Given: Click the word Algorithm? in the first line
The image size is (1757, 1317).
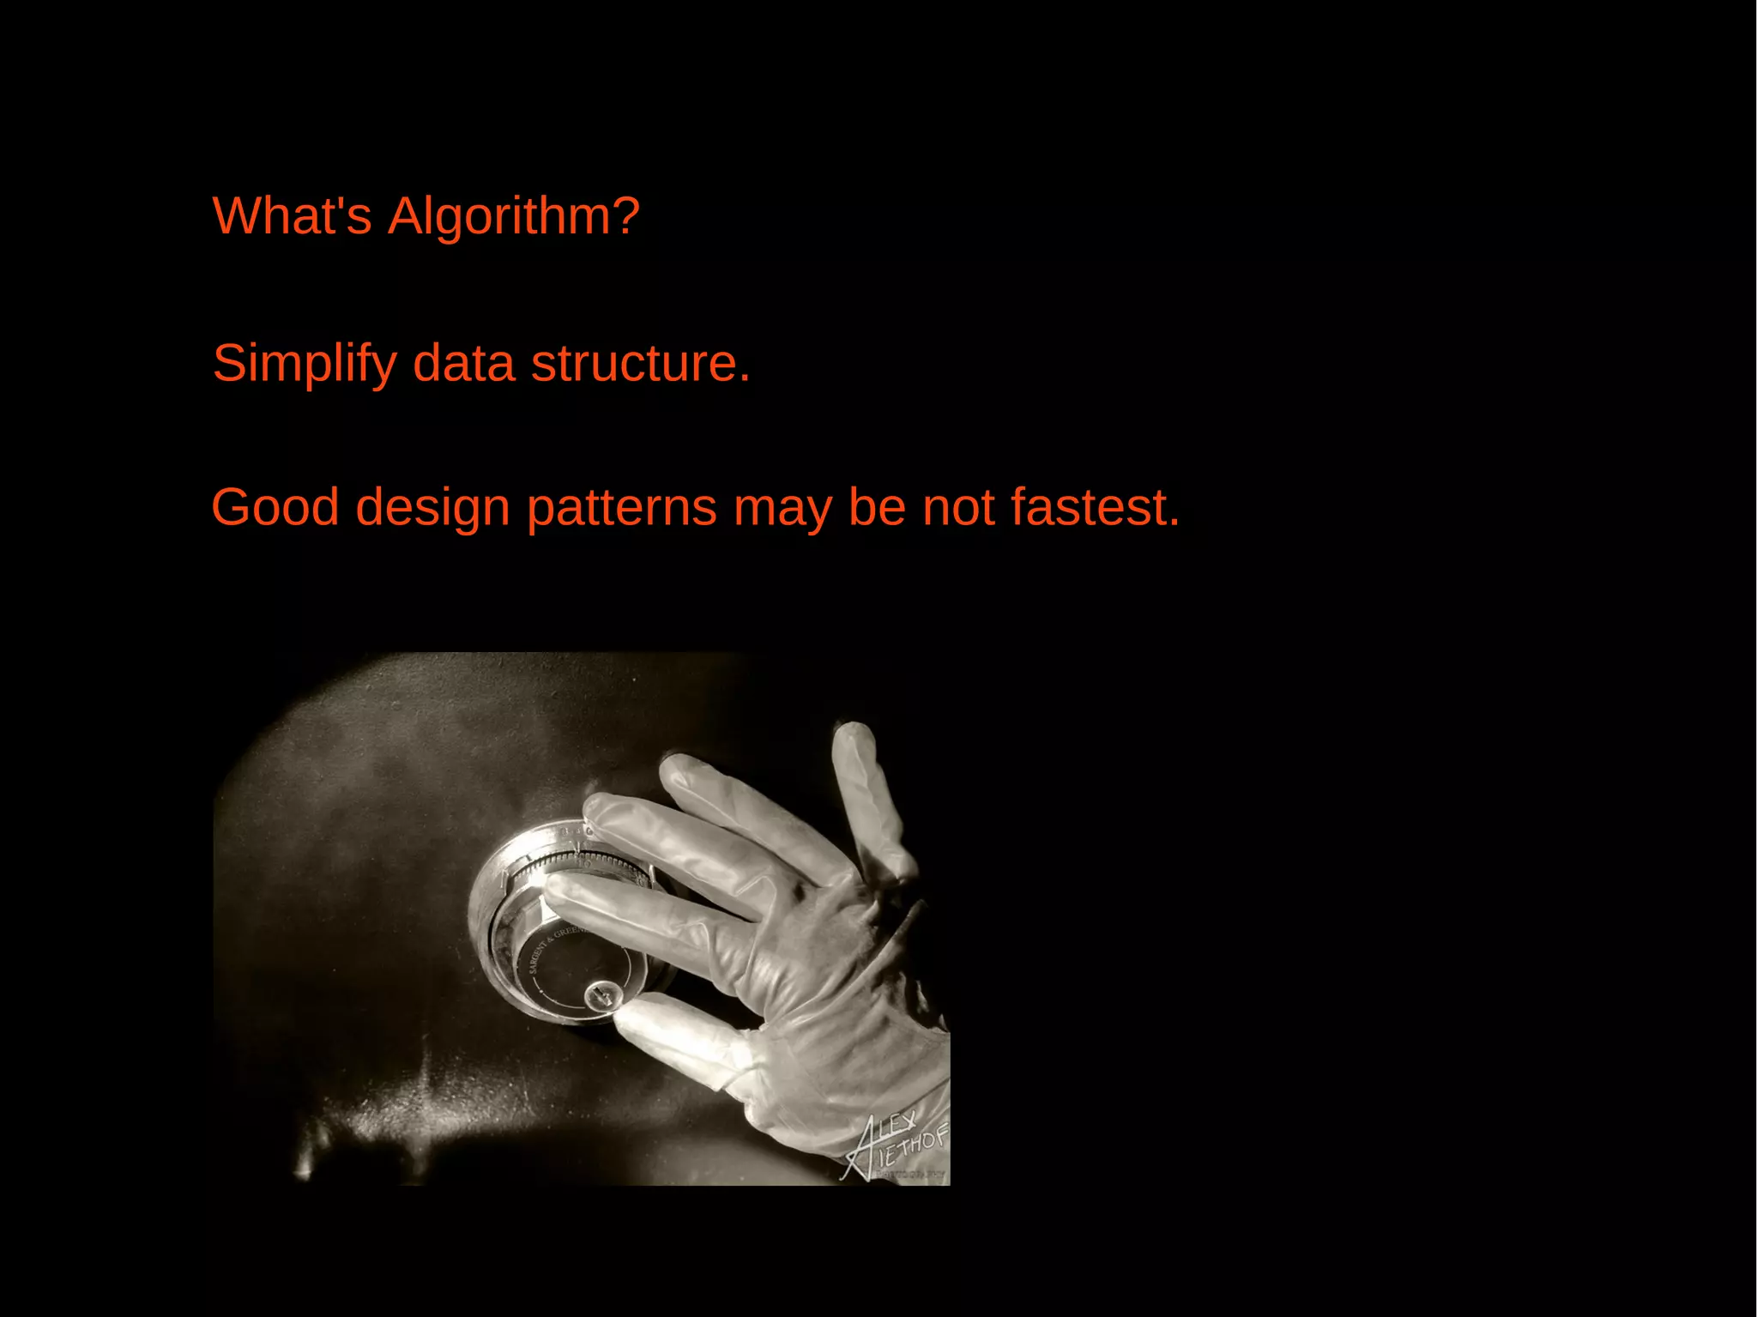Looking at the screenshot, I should pyautogui.click(x=513, y=215).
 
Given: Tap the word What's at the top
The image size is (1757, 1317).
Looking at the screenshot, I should pyautogui.click(x=292, y=215).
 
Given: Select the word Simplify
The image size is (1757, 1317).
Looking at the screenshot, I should pyautogui.click(x=304, y=364).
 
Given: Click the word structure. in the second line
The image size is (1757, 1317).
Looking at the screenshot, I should pyautogui.click(x=640, y=364).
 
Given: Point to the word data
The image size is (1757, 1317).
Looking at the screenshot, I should pyautogui.click(x=463, y=364).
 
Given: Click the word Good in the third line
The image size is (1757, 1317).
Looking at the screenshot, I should pyautogui.click(x=275, y=507).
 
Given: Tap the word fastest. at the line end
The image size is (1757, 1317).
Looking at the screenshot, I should pyautogui.click(x=1095, y=507).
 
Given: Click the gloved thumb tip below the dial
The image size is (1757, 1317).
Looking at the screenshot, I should pyautogui.click(x=639, y=1021).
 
